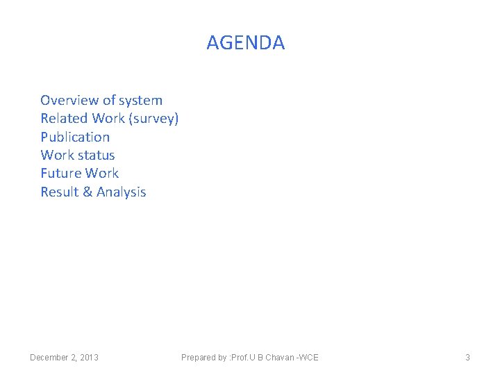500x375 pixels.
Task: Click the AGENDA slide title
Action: pos(245,43)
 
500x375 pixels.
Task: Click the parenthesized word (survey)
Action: pos(155,119)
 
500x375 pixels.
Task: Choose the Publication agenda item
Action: pos(75,137)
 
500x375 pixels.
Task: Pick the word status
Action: pos(97,155)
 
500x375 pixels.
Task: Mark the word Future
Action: pos(60,173)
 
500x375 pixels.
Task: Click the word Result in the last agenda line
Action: pos(59,192)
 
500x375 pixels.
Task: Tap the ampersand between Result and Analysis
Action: pos(87,192)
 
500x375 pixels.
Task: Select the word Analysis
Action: pos(122,192)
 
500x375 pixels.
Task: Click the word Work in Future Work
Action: pos(102,173)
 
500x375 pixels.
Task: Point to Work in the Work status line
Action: pos(58,155)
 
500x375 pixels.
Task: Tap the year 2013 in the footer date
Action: pos(89,358)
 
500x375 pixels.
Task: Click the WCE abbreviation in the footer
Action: pos(309,358)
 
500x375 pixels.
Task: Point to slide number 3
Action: pos(467,358)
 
